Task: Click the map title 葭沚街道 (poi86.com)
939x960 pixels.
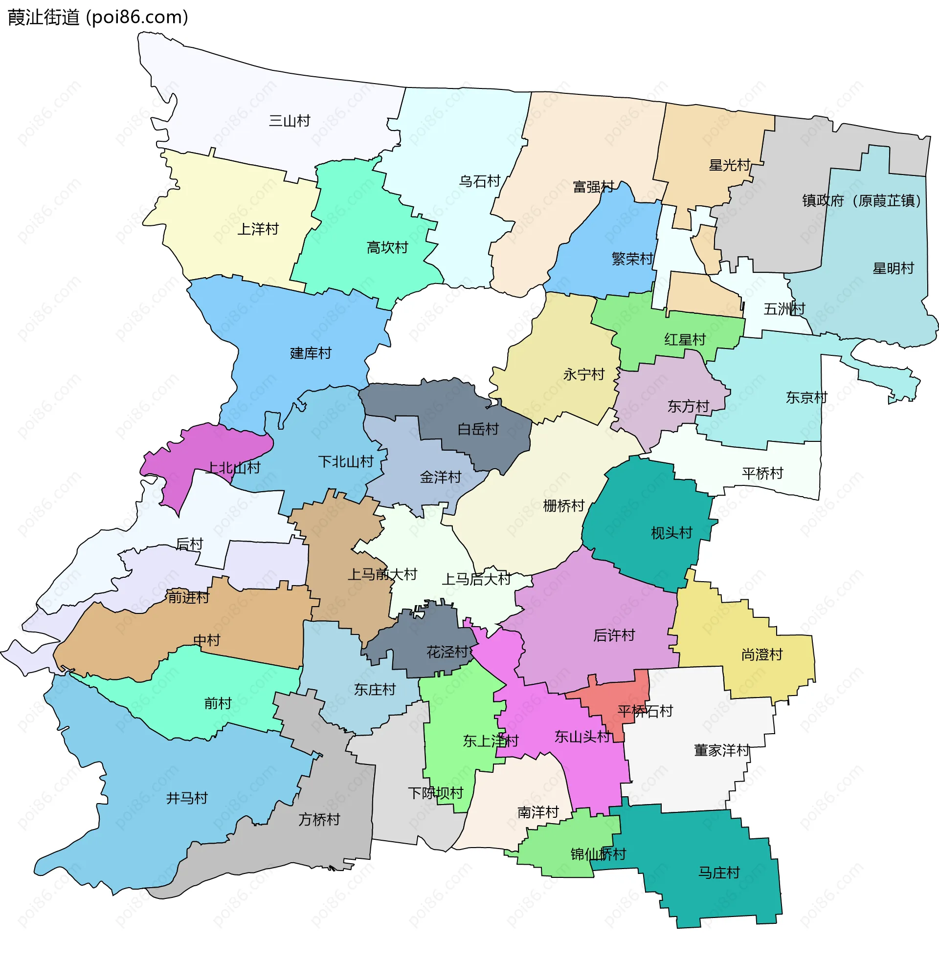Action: point(98,17)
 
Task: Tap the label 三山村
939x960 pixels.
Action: point(290,121)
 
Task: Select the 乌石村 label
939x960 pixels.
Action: point(479,181)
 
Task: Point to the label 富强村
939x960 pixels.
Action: point(593,187)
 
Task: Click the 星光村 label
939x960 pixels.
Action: point(729,165)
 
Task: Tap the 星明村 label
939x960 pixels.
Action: point(893,268)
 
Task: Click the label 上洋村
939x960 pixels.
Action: point(258,229)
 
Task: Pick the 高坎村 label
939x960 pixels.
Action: point(387,247)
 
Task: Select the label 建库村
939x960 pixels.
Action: point(311,353)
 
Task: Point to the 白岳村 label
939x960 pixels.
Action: point(478,429)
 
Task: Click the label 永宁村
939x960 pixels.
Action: point(584,374)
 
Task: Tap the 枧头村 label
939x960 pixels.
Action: point(671,533)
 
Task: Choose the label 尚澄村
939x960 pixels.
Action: point(762,655)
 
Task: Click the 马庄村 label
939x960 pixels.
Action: point(719,873)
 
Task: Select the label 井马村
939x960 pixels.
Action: point(187,798)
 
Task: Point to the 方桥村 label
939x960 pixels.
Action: point(319,820)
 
